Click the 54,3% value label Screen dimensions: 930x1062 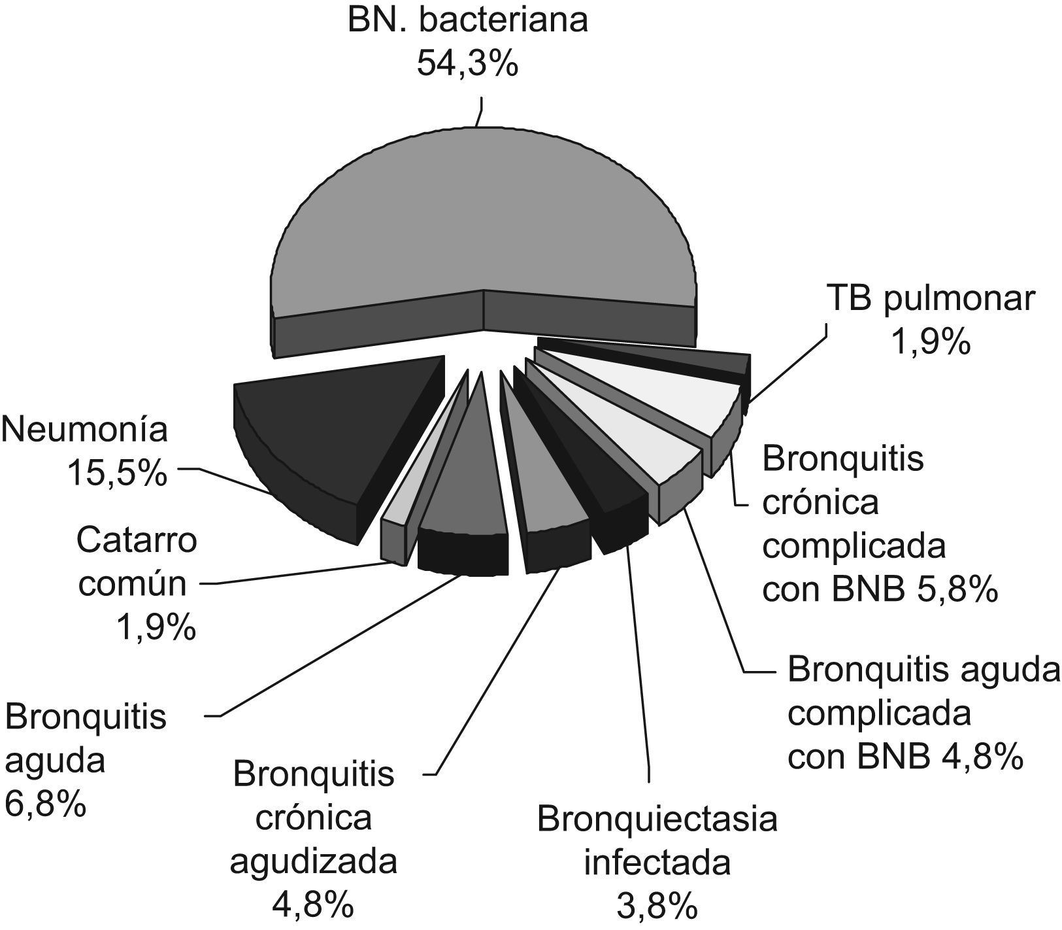coord(467,64)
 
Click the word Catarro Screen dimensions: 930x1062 coord(137,542)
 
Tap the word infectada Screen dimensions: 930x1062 coord(657,863)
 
